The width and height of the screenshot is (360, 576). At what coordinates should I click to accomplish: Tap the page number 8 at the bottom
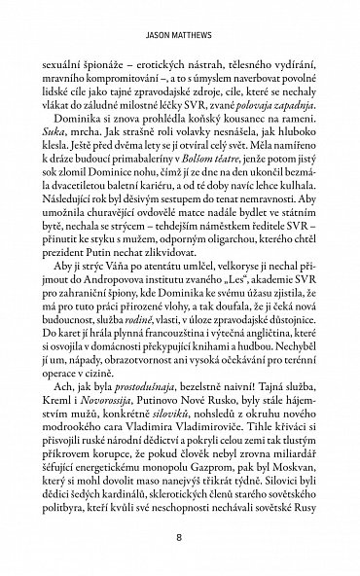coord(180,537)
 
